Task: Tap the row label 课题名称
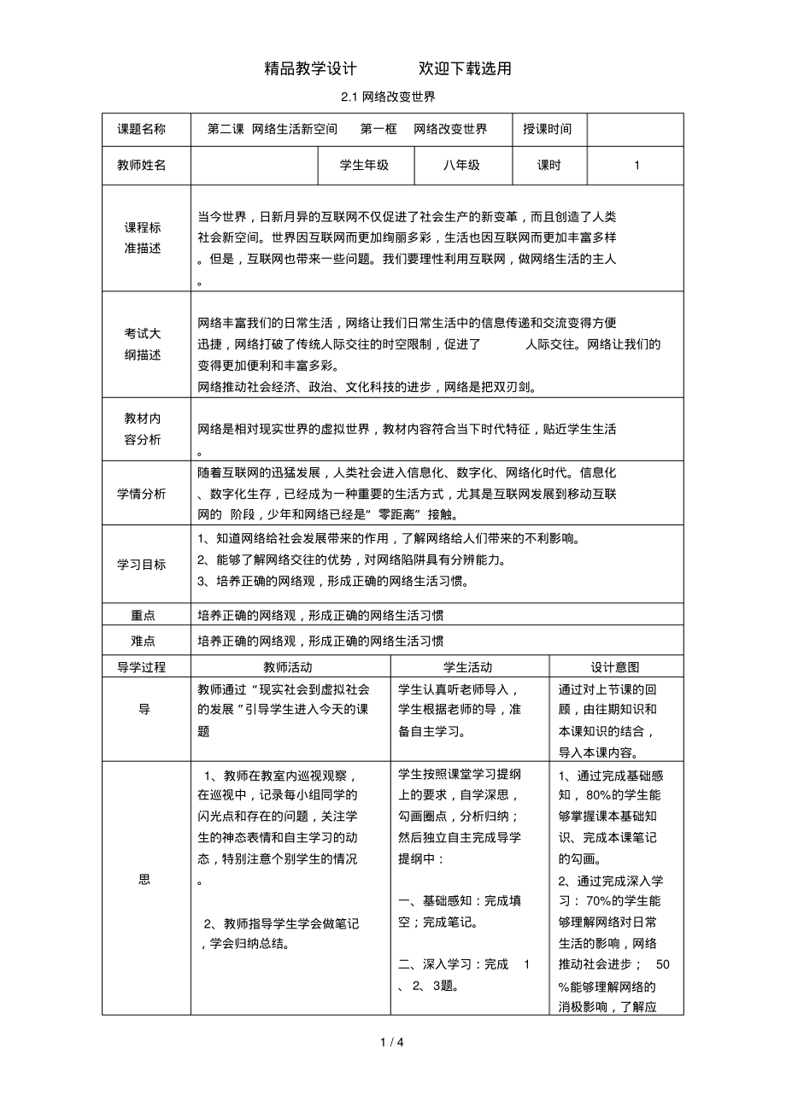(142, 129)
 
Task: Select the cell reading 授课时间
(548, 129)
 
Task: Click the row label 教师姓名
(142, 166)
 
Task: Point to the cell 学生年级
(365, 166)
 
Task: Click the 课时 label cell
(548, 166)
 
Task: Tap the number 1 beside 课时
(636, 166)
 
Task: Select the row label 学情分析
(142, 494)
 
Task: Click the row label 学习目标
(142, 565)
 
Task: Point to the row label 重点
(142, 615)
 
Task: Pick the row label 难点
(142, 641)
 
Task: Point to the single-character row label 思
(144, 881)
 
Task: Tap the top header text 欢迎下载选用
(465, 68)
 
